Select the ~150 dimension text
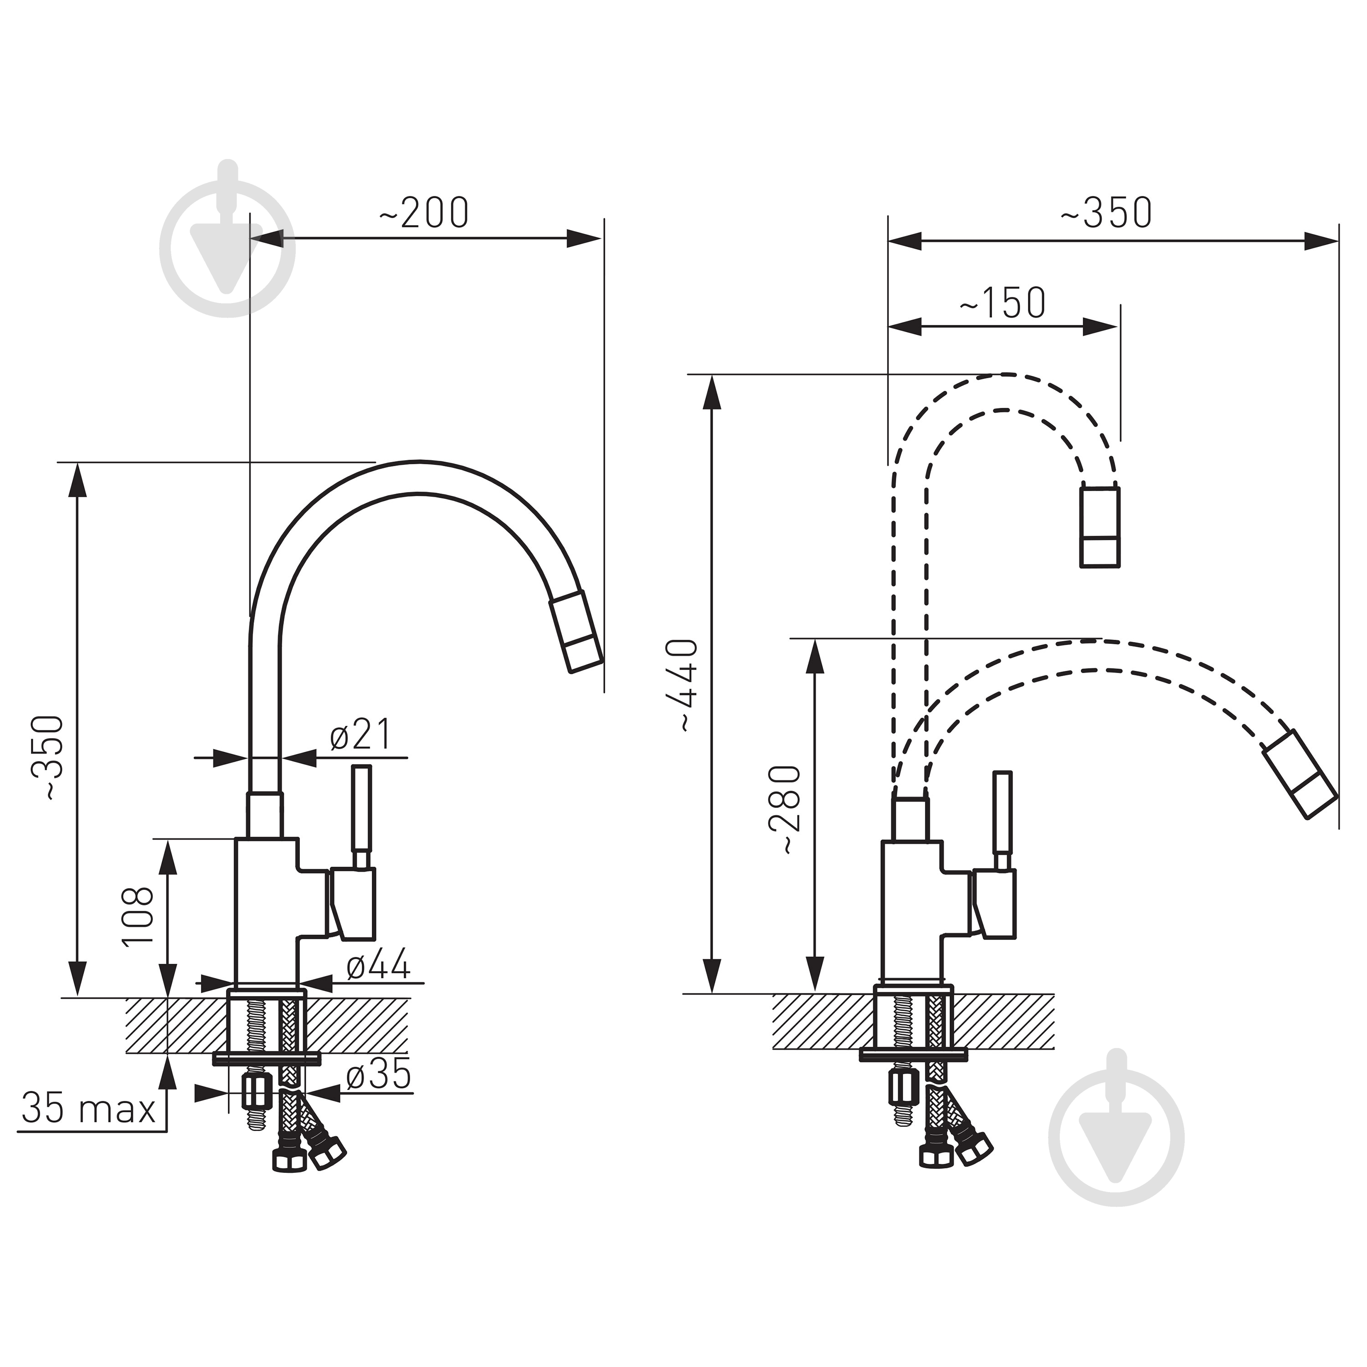(x=1002, y=303)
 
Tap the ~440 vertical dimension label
(x=685, y=684)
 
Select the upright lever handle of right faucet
(x=1002, y=821)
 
